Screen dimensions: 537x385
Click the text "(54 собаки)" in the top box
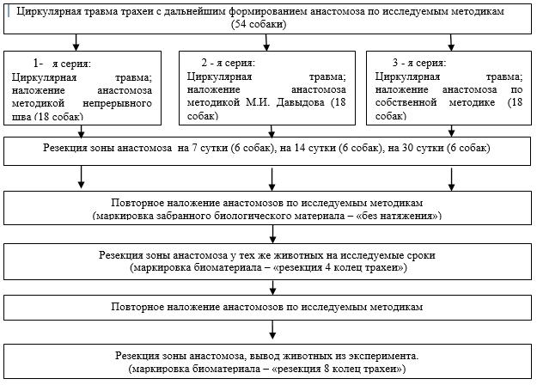point(259,24)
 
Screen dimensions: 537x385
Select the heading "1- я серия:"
point(62,64)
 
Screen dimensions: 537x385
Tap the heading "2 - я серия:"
point(228,63)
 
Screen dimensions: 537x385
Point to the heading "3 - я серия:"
point(419,63)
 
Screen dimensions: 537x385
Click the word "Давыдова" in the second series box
point(300,102)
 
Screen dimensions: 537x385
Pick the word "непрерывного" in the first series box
point(117,103)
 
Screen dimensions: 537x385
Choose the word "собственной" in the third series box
point(406,102)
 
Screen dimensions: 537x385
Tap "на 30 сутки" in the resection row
point(416,148)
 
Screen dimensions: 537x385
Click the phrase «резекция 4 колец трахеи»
point(339,267)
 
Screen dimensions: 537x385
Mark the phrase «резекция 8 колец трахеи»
point(337,370)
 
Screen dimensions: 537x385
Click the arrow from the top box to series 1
point(76,42)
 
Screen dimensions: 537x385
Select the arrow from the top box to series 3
point(451,42)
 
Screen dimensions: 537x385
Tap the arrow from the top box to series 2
point(266,42)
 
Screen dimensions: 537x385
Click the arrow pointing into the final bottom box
point(272,330)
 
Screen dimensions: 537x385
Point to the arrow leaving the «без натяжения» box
point(272,234)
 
